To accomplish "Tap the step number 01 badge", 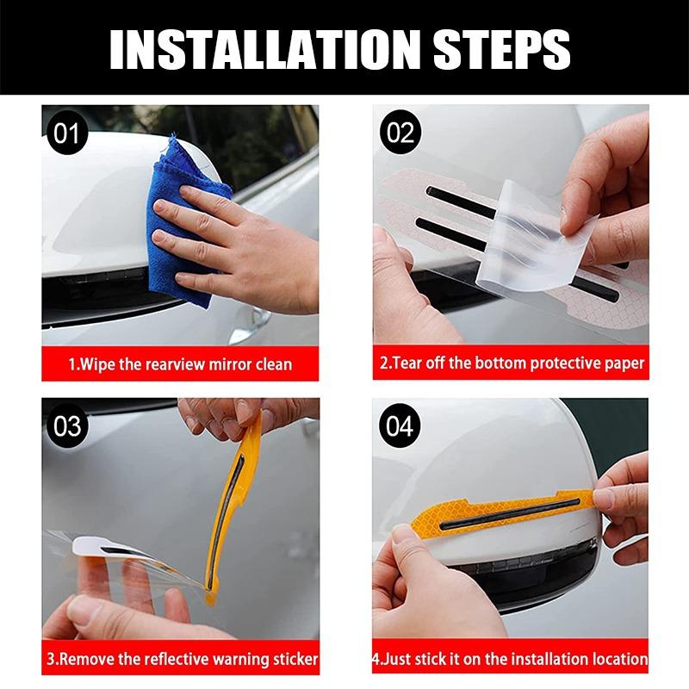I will pyautogui.click(x=67, y=133).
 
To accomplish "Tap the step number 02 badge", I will pyautogui.click(x=398, y=133).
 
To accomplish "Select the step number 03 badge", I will pyautogui.click(x=67, y=425).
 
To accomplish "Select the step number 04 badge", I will pyautogui.click(x=398, y=425).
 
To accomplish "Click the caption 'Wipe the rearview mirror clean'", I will pyautogui.click(x=180, y=363).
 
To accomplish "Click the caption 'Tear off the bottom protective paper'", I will pyautogui.click(x=512, y=363).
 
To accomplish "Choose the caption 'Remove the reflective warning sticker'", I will pyautogui.click(x=180, y=661).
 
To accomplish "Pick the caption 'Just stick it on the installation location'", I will pyautogui.click(x=510, y=661).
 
